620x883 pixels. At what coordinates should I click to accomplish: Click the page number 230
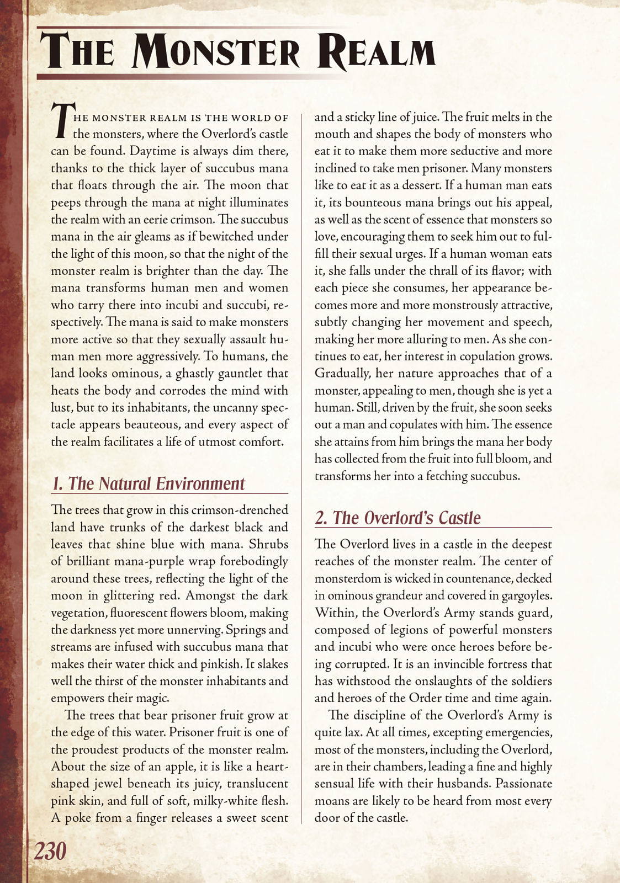click(50, 852)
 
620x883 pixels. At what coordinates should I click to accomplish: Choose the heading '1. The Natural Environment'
click(148, 483)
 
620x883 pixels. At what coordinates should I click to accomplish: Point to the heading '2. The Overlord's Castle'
click(398, 518)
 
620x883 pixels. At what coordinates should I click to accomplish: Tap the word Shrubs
click(268, 544)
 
